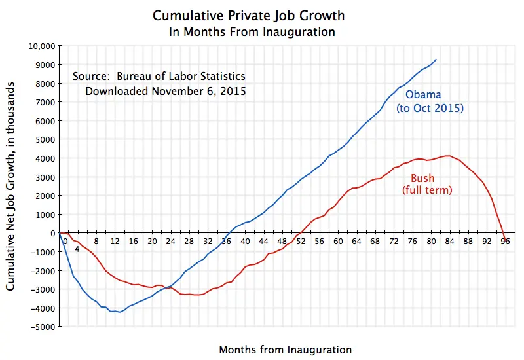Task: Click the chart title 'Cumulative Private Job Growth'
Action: pos(248,15)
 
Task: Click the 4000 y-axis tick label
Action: pos(46,158)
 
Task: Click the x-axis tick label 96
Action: pos(505,241)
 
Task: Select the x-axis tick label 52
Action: pos(301,241)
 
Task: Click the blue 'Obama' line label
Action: pos(423,96)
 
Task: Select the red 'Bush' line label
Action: pos(422,178)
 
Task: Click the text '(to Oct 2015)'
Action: pos(430,108)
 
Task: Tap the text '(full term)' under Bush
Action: pos(427,190)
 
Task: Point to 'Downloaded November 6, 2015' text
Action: pos(166,91)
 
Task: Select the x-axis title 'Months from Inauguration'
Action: pos(285,349)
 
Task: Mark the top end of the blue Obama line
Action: pos(436,60)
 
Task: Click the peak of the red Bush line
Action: pos(448,156)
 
